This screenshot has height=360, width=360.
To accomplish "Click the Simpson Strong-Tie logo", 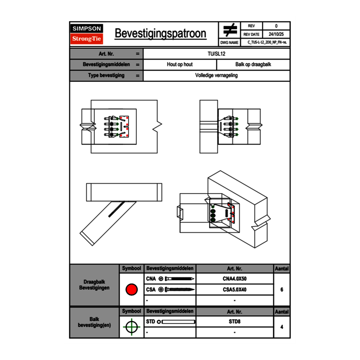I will click(87, 34).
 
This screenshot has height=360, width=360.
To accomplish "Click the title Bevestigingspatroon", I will click(160, 34).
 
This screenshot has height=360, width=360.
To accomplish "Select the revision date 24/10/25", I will click(276, 34).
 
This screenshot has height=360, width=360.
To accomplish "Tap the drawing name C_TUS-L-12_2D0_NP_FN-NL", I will click(267, 43).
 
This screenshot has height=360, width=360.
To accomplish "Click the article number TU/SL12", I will click(216, 54).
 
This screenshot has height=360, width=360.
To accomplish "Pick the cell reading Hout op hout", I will click(180, 65).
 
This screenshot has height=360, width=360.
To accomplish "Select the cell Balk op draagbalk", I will click(253, 65).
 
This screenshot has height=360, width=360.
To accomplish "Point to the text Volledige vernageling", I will click(216, 76).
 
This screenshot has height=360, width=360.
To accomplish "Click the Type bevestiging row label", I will click(106, 76).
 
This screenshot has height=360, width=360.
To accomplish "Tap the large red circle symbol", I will click(131, 290).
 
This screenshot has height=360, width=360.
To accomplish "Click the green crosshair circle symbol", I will click(131, 327).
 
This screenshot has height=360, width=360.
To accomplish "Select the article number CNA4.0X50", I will click(234, 279).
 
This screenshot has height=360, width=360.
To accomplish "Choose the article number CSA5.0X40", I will click(234, 290).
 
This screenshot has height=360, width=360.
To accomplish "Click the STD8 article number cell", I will click(234, 322).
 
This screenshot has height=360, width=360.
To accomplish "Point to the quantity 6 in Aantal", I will click(282, 290).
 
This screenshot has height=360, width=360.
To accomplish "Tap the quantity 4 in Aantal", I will click(282, 327).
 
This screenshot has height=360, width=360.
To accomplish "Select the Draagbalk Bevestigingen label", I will click(94, 285).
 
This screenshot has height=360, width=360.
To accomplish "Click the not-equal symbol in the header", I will click(230, 30).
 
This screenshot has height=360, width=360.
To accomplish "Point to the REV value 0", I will click(276, 26).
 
